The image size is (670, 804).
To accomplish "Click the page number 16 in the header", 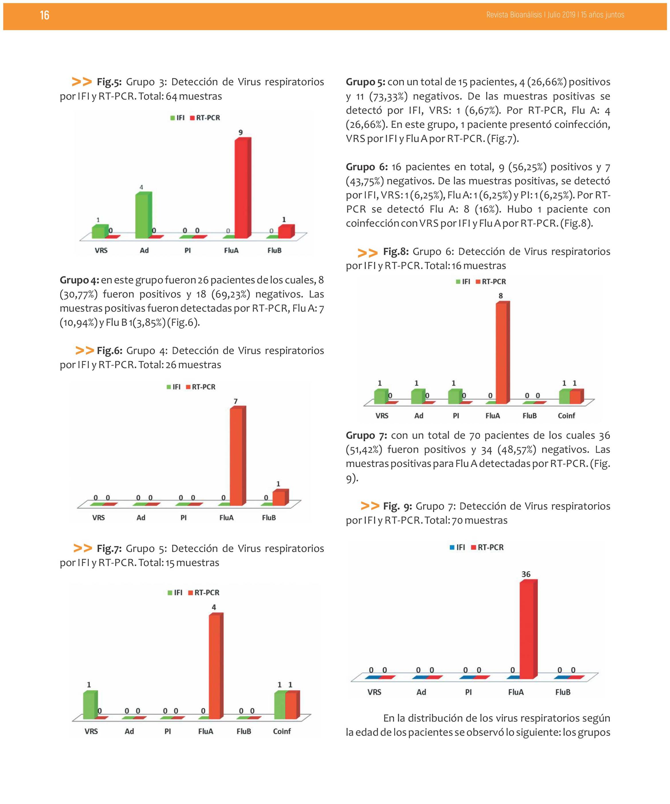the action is [x=44, y=15].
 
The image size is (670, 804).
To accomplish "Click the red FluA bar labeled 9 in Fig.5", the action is [x=243, y=188].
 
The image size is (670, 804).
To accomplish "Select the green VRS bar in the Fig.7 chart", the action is [x=90, y=705].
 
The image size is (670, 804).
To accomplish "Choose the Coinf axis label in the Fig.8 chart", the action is [x=566, y=416].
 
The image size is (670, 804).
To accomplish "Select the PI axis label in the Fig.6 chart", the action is [x=183, y=518].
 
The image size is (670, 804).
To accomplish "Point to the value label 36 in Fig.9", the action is [x=526, y=574].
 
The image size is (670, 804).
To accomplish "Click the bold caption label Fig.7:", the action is [x=109, y=549].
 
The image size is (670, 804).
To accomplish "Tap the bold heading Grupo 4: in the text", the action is [x=79, y=280].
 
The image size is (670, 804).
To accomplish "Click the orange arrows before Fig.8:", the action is [x=367, y=253].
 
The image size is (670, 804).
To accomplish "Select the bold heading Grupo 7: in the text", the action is [x=366, y=436].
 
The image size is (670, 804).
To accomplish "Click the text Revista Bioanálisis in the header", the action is [x=514, y=15].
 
